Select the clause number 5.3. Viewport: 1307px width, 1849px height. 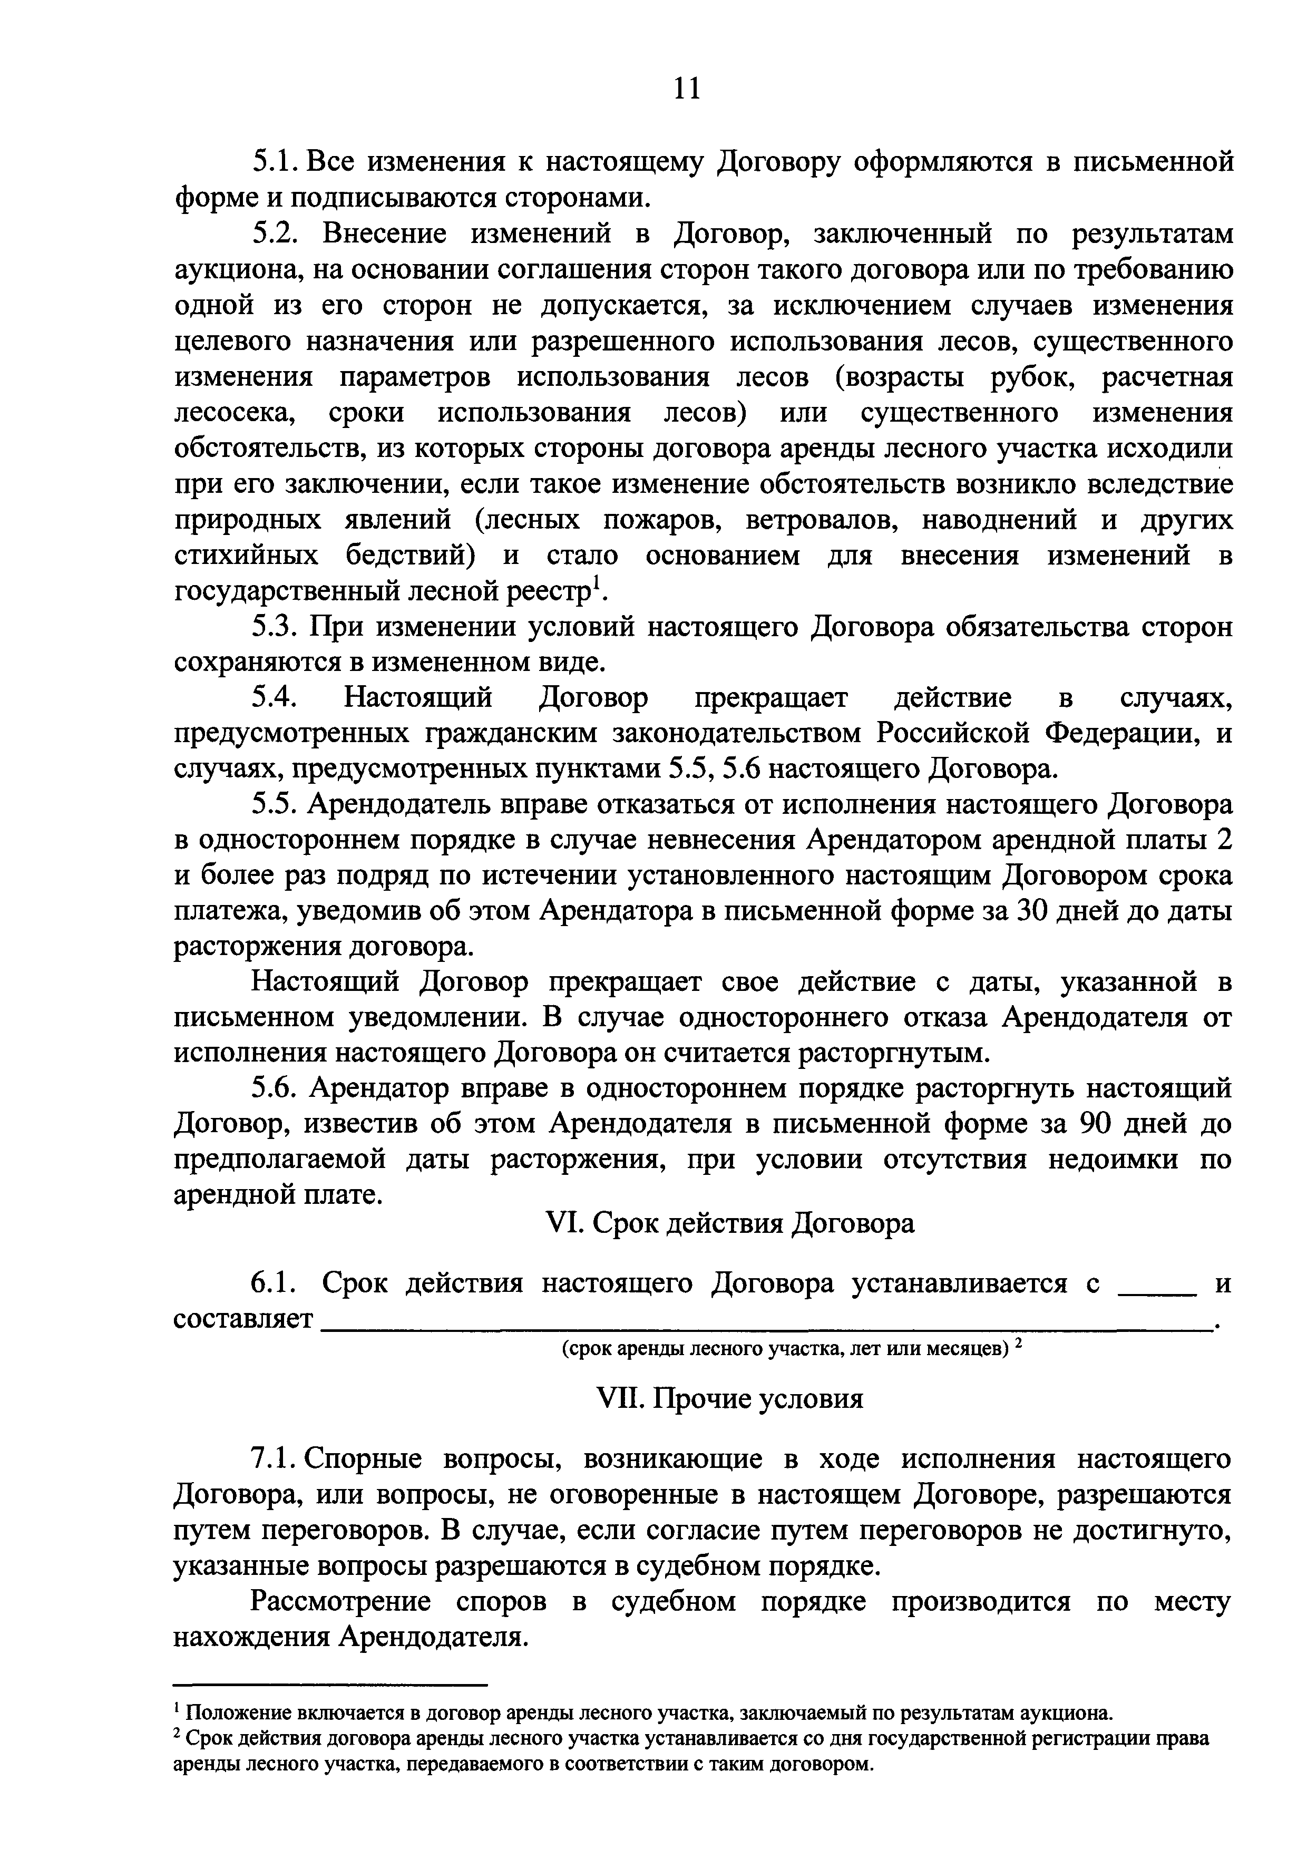click(276, 627)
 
